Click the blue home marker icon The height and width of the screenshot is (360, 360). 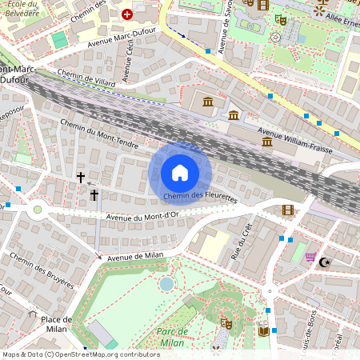pyautogui.click(x=180, y=173)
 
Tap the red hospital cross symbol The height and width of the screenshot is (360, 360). pyautogui.click(x=126, y=14)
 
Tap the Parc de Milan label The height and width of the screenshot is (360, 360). pyautogui.click(x=172, y=337)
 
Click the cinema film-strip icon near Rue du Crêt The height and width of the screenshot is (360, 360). pyautogui.click(x=288, y=210)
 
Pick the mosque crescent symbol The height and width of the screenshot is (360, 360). pyautogui.click(x=325, y=262)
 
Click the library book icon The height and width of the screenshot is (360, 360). pyautogui.click(x=263, y=329)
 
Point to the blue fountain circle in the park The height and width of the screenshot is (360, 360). pyautogui.click(x=166, y=283)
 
